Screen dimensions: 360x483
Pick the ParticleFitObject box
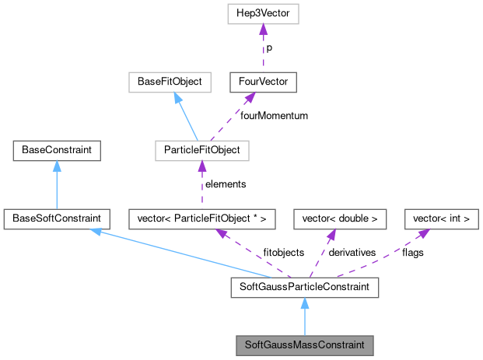[x=201, y=149]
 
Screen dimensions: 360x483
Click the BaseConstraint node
[x=56, y=149]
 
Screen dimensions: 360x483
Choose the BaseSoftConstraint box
[x=56, y=218]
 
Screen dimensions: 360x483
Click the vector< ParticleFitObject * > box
[x=201, y=218]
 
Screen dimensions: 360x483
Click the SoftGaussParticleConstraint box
[x=304, y=288]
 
